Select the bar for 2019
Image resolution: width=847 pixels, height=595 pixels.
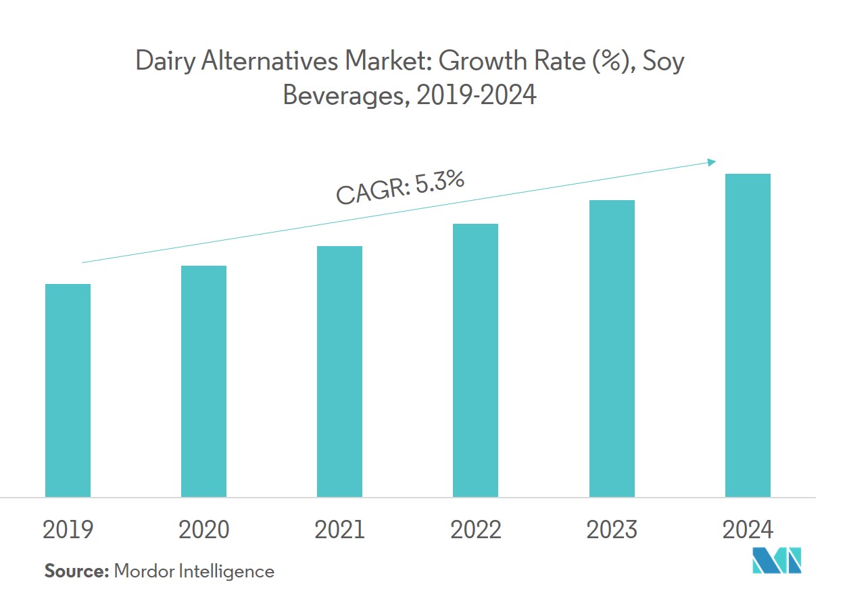68,390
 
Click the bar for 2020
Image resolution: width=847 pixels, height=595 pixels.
203,381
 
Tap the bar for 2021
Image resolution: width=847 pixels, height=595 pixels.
339,371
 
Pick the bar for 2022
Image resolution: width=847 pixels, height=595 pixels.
475,360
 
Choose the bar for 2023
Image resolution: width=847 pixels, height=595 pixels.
612,348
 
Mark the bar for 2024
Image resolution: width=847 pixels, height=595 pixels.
748,335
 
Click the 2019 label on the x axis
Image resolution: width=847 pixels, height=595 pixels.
68,530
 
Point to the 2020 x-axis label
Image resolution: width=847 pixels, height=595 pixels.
203,530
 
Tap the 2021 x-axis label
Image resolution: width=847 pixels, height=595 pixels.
339,530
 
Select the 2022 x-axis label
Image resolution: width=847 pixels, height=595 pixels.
475,530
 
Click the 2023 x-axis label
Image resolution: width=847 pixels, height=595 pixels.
612,530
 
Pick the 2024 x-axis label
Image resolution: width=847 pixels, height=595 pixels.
748,530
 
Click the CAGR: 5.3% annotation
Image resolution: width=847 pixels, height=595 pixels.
400,188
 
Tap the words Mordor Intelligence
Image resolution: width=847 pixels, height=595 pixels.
194,571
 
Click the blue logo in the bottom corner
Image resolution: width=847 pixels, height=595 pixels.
777,561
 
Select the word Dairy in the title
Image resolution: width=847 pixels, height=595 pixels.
161,62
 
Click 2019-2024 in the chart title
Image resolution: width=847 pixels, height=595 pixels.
477,95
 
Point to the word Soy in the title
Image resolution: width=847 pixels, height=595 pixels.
663,62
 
